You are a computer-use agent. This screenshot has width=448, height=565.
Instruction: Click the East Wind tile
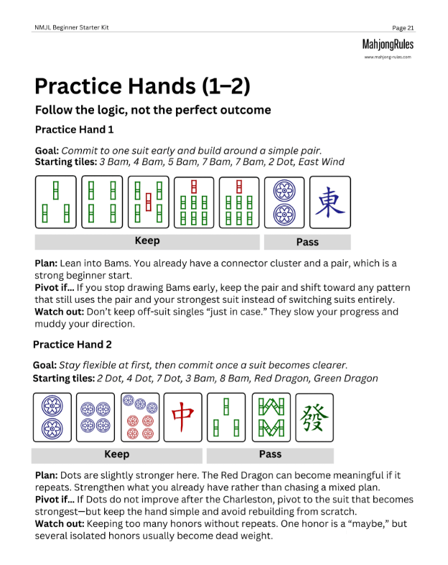[330, 202]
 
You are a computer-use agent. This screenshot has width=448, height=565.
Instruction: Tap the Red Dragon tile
[183, 417]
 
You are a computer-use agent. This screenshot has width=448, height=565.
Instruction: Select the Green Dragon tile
[314, 417]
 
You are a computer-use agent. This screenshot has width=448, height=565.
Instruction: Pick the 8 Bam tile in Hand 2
[271, 417]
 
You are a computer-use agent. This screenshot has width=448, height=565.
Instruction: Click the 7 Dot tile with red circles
[140, 417]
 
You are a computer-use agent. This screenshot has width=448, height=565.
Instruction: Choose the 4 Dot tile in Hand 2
[95, 417]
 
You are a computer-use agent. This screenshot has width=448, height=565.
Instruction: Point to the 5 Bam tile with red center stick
[148, 202]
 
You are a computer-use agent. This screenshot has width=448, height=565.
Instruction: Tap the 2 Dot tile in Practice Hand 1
[284, 202]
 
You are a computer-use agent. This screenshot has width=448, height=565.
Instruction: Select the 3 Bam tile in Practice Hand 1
[55, 202]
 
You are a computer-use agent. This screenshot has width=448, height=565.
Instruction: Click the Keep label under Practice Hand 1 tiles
[147, 241]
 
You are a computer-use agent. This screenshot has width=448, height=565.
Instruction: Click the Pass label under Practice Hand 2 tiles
[270, 454]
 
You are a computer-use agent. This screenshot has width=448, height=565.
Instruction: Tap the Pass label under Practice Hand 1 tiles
[307, 242]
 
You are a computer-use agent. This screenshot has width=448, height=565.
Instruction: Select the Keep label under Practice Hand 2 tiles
[117, 454]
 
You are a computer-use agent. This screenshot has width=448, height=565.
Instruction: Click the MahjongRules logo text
[388, 45]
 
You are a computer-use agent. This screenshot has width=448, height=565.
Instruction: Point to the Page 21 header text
[403, 28]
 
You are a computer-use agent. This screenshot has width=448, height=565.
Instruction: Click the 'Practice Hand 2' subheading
[73, 345]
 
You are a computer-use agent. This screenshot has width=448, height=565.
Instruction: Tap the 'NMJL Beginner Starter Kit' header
[71, 28]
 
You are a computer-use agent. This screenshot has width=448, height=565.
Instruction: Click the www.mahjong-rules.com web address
[388, 57]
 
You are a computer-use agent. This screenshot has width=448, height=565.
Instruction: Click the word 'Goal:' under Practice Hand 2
[45, 365]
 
